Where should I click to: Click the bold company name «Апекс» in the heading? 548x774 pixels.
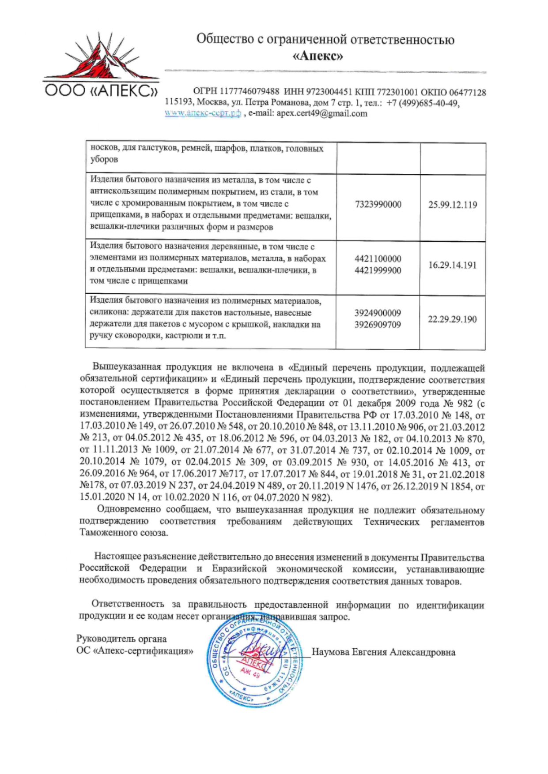pyautogui.click(x=318, y=56)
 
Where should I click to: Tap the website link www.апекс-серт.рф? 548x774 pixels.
pyautogui.click(x=203, y=113)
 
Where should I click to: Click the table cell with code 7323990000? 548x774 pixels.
pyautogui.click(x=378, y=205)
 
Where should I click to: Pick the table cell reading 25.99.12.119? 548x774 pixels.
pyautogui.click(x=453, y=205)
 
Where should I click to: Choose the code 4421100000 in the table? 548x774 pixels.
pyautogui.click(x=378, y=259)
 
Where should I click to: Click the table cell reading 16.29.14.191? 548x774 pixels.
pyautogui.click(x=453, y=265)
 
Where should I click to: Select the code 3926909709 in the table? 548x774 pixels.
pyautogui.click(x=378, y=325)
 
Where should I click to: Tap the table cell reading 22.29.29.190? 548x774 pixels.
pyautogui.click(x=453, y=319)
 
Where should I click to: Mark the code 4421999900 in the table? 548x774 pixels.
pyautogui.click(x=378, y=270)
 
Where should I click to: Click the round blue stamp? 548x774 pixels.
pyautogui.click(x=254, y=662)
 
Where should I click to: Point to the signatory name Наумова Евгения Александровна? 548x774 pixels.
pyautogui.click(x=384, y=652)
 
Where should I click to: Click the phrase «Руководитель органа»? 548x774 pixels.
pyautogui.click(x=122, y=639)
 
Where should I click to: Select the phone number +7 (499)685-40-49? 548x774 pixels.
pyautogui.click(x=423, y=103)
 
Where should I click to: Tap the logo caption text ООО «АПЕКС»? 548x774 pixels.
pyautogui.click(x=101, y=91)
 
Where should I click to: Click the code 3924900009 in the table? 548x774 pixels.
pyautogui.click(x=378, y=313)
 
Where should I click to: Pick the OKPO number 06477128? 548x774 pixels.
pyautogui.click(x=468, y=92)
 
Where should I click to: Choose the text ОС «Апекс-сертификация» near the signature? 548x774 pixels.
pyautogui.click(x=135, y=651)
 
